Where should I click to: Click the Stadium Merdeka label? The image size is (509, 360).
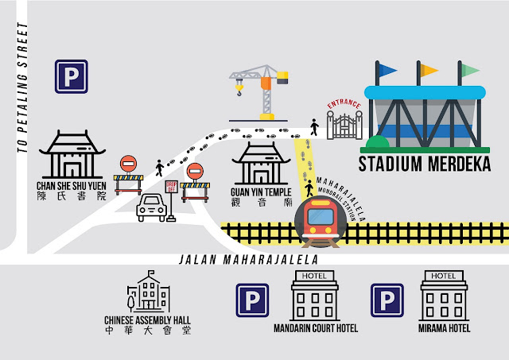425,165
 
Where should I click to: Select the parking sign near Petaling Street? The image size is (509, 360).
71,77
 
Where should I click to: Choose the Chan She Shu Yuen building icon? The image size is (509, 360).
71,155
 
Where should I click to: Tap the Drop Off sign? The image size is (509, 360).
170,188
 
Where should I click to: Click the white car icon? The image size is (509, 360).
152,209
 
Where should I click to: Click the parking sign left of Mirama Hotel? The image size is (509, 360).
387,300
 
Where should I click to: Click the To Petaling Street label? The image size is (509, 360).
23,87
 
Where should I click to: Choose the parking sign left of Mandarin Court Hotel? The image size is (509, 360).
252,300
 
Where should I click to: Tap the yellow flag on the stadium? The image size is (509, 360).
429,70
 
